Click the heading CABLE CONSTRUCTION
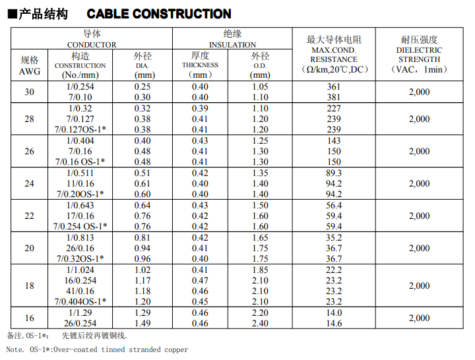click(x=159, y=14)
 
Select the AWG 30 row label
click(x=29, y=92)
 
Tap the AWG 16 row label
click(x=29, y=318)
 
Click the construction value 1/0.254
click(x=81, y=86)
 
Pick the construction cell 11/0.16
click(x=80, y=183)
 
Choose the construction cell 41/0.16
click(x=80, y=291)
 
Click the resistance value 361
click(x=334, y=86)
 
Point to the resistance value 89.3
click(x=334, y=173)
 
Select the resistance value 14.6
click(x=334, y=323)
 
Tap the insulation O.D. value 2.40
click(x=260, y=323)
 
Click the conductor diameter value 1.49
click(x=142, y=323)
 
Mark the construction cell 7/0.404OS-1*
click(x=80, y=301)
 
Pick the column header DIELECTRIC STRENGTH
click(x=419, y=55)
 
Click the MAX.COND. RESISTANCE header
click(x=334, y=55)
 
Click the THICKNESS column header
click(x=200, y=65)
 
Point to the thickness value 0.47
click(x=200, y=280)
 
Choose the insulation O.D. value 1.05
click(x=260, y=86)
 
